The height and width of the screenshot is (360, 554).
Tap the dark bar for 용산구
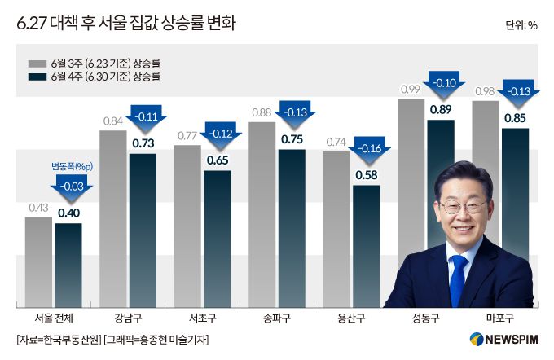point(366,244)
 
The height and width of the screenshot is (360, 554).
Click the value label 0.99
point(410,89)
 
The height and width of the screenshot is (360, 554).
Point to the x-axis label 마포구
point(499,318)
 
